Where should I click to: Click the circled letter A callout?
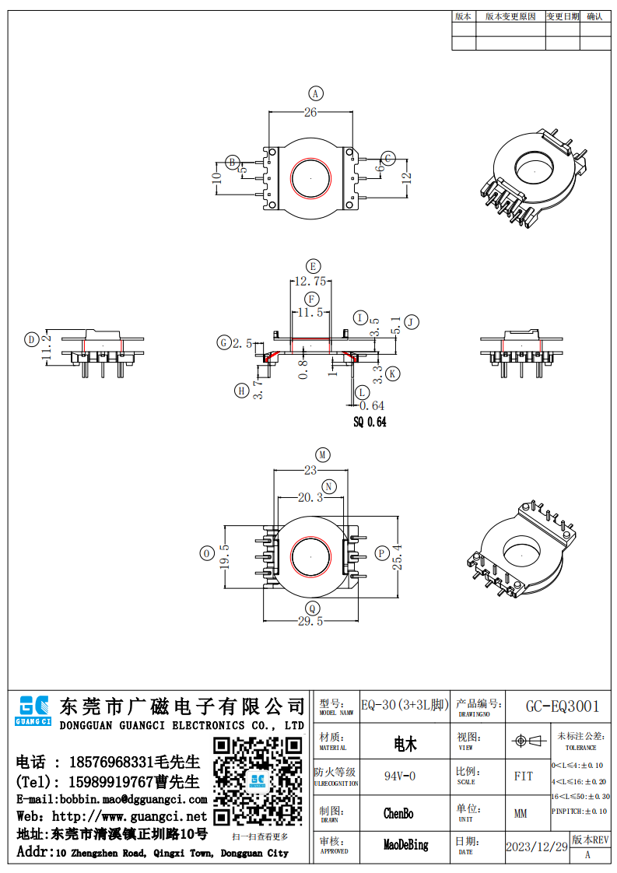315,94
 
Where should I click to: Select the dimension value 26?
310,113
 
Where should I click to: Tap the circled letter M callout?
322,454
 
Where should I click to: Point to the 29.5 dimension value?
310,621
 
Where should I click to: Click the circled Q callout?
312,608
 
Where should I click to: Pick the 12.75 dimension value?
310,281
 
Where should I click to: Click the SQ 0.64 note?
370,422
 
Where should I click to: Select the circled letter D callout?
31,339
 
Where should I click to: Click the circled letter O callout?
207,553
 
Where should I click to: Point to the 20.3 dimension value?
310,498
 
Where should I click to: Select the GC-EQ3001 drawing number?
563,706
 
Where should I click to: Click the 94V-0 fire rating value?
400,776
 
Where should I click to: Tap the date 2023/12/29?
536,847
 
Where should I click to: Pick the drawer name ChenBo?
398,814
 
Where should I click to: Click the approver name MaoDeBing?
406,845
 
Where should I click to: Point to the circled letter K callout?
393,374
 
